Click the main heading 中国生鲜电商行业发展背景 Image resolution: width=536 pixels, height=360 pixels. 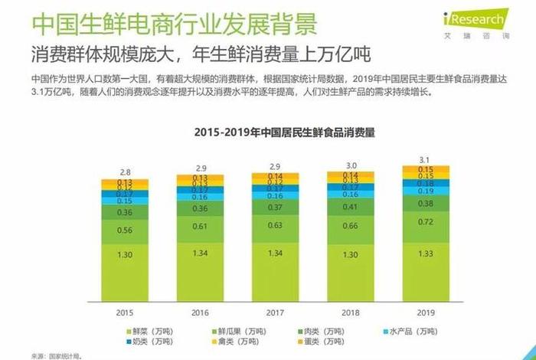click(174, 23)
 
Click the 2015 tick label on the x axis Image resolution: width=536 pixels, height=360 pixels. click(125, 313)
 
